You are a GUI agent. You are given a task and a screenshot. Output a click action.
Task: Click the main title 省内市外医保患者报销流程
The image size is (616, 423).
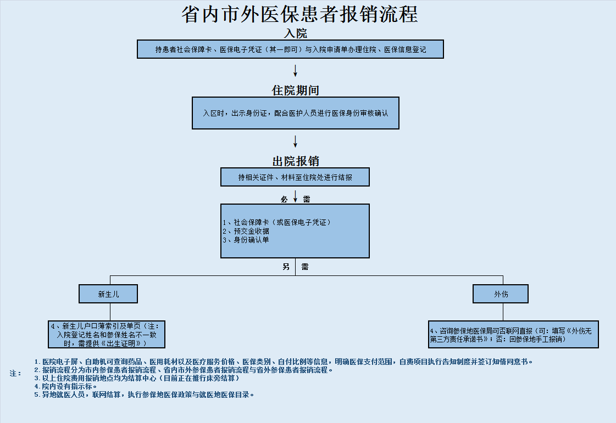(299, 14)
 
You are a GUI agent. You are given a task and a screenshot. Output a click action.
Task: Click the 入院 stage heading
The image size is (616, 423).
(296, 33)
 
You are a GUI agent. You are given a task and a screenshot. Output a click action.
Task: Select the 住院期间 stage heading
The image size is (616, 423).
(296, 90)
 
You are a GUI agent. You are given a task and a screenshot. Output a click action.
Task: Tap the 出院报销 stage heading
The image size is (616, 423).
(296, 161)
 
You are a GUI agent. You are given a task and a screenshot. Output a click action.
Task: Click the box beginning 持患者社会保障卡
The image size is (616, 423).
(290, 49)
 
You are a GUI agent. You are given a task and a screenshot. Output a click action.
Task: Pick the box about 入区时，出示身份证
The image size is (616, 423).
(296, 113)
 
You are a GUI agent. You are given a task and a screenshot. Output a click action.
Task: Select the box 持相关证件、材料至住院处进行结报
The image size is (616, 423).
(295, 177)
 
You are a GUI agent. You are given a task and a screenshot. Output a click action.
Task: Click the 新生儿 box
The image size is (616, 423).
(108, 294)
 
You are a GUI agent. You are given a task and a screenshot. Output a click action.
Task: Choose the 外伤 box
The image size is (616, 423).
(501, 294)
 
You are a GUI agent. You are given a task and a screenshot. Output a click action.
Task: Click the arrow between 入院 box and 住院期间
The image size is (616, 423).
(296, 71)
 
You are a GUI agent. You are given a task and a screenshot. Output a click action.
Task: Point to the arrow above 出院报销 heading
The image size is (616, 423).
(296, 141)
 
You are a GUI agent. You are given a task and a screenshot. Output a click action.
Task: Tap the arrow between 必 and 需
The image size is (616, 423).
(296, 196)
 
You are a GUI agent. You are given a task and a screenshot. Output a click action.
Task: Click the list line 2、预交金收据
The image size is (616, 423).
(246, 231)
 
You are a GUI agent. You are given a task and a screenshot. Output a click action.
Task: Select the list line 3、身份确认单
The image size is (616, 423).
(246, 240)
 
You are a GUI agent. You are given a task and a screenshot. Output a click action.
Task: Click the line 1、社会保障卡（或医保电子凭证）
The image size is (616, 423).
(276, 223)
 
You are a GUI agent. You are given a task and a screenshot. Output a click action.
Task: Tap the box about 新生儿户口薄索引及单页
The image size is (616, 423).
(107, 334)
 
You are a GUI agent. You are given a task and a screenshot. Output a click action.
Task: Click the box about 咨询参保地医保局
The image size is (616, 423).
(513, 334)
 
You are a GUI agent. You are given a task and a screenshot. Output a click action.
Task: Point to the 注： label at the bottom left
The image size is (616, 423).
(15, 374)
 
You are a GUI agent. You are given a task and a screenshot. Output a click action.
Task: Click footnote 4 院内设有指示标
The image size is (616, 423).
(65, 386)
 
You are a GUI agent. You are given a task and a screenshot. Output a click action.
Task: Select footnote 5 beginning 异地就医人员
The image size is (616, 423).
(144, 394)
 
